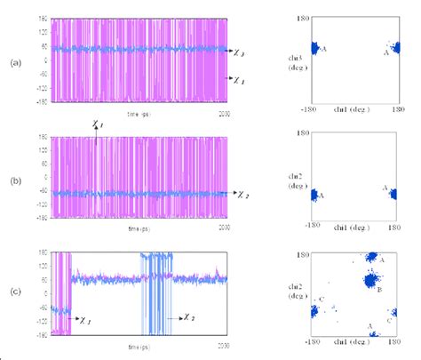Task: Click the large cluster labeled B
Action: pos(364,281)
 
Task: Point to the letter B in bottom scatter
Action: pos(378,290)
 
